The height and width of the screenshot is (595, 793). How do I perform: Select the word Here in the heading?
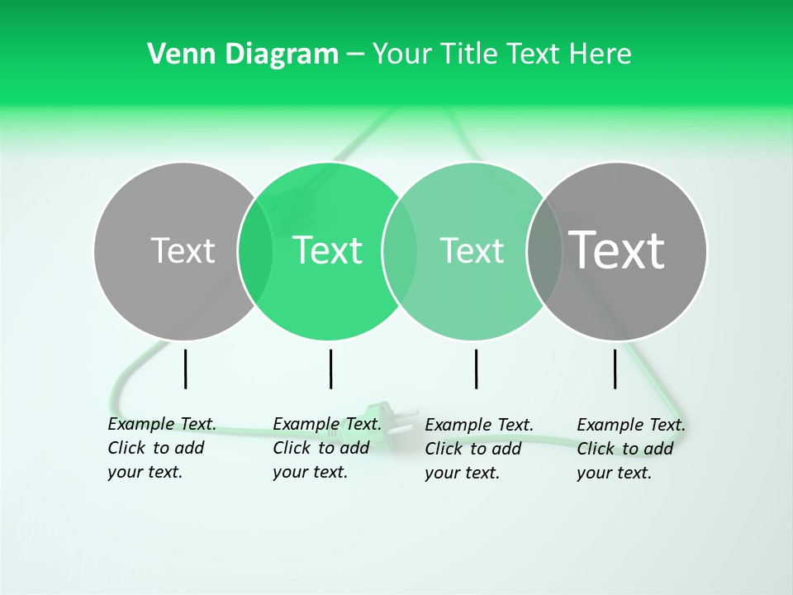point(601,55)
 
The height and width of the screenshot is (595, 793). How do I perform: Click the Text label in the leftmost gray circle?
point(183,250)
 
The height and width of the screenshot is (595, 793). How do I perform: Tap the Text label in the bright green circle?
point(327,250)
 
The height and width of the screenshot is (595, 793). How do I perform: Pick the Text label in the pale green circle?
point(472,250)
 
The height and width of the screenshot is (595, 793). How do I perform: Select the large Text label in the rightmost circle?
point(617,250)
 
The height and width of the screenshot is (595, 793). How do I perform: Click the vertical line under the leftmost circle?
point(186,369)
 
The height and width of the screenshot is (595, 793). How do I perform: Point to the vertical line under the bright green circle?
point(330,369)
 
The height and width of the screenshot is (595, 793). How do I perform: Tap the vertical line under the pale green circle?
point(476,369)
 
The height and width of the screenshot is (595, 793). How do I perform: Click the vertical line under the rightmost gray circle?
point(615,369)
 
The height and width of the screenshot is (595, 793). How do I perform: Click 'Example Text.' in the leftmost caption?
point(162,424)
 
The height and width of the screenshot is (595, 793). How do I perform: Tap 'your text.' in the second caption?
point(310,472)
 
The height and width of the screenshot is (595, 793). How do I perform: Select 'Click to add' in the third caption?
point(473,449)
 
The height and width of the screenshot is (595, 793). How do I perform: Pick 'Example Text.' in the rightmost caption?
point(631,425)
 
